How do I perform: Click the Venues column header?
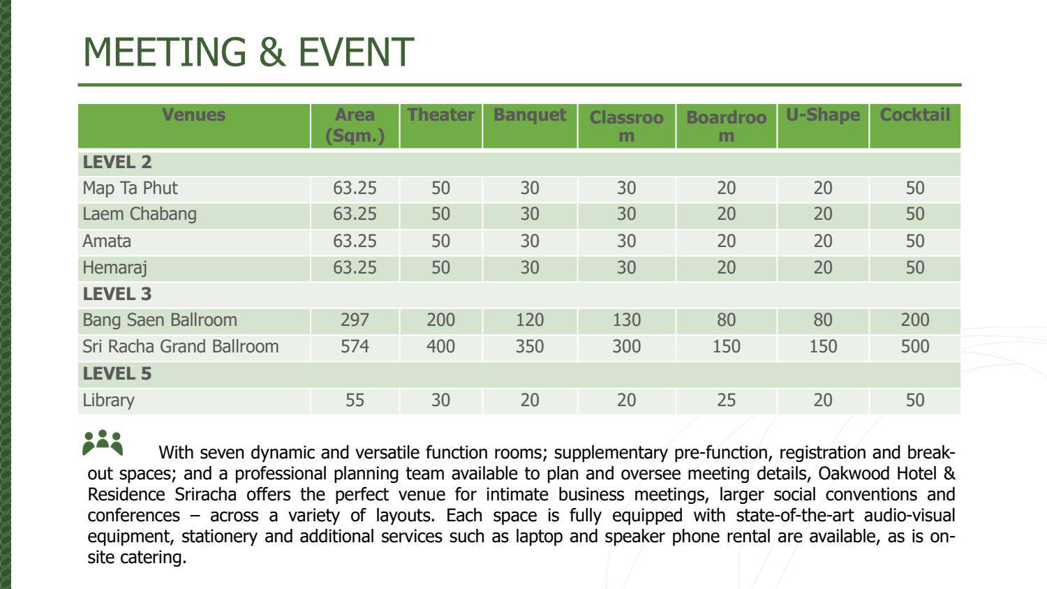coord(193,115)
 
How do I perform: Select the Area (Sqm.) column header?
coord(355,126)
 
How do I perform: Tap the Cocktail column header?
coord(914,115)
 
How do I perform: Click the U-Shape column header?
coord(823,115)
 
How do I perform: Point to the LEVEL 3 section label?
coord(117,294)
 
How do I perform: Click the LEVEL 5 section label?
coord(117,373)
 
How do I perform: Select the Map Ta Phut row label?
coord(130,188)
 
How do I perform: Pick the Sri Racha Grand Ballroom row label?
coord(180,346)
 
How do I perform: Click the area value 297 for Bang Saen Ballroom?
coord(355,320)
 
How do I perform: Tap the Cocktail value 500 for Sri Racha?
coord(914,346)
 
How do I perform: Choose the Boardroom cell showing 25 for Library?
coord(726,400)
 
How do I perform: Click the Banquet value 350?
coord(530,346)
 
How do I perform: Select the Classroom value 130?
coord(626,320)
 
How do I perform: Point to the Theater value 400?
coord(440,346)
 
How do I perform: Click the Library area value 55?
coord(355,400)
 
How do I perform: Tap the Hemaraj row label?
coord(115,268)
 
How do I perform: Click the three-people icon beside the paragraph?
coord(103,442)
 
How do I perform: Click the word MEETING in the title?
coord(165,52)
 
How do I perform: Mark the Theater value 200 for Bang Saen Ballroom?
coord(440,320)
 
